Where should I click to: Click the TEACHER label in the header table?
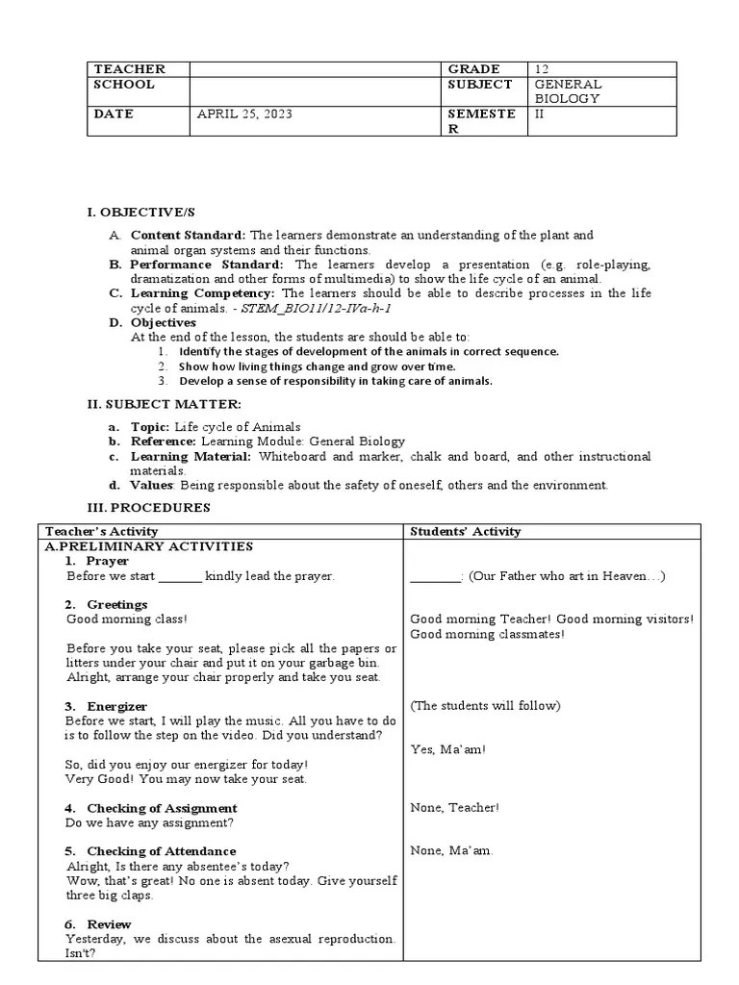pos(129,69)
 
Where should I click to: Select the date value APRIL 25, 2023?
pos(244,114)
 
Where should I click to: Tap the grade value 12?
pos(542,69)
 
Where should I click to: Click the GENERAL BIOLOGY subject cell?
pos(568,91)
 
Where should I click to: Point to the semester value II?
pos(539,114)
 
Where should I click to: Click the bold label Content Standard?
pos(189,235)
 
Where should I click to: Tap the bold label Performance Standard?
pos(207,265)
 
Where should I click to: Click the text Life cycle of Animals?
pos(238,427)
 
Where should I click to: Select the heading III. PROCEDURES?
pos(149,508)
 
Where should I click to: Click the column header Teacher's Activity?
pos(102,531)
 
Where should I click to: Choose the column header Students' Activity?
pos(466,531)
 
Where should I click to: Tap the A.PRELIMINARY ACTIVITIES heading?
pos(149,546)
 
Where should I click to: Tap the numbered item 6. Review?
pos(98,924)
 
